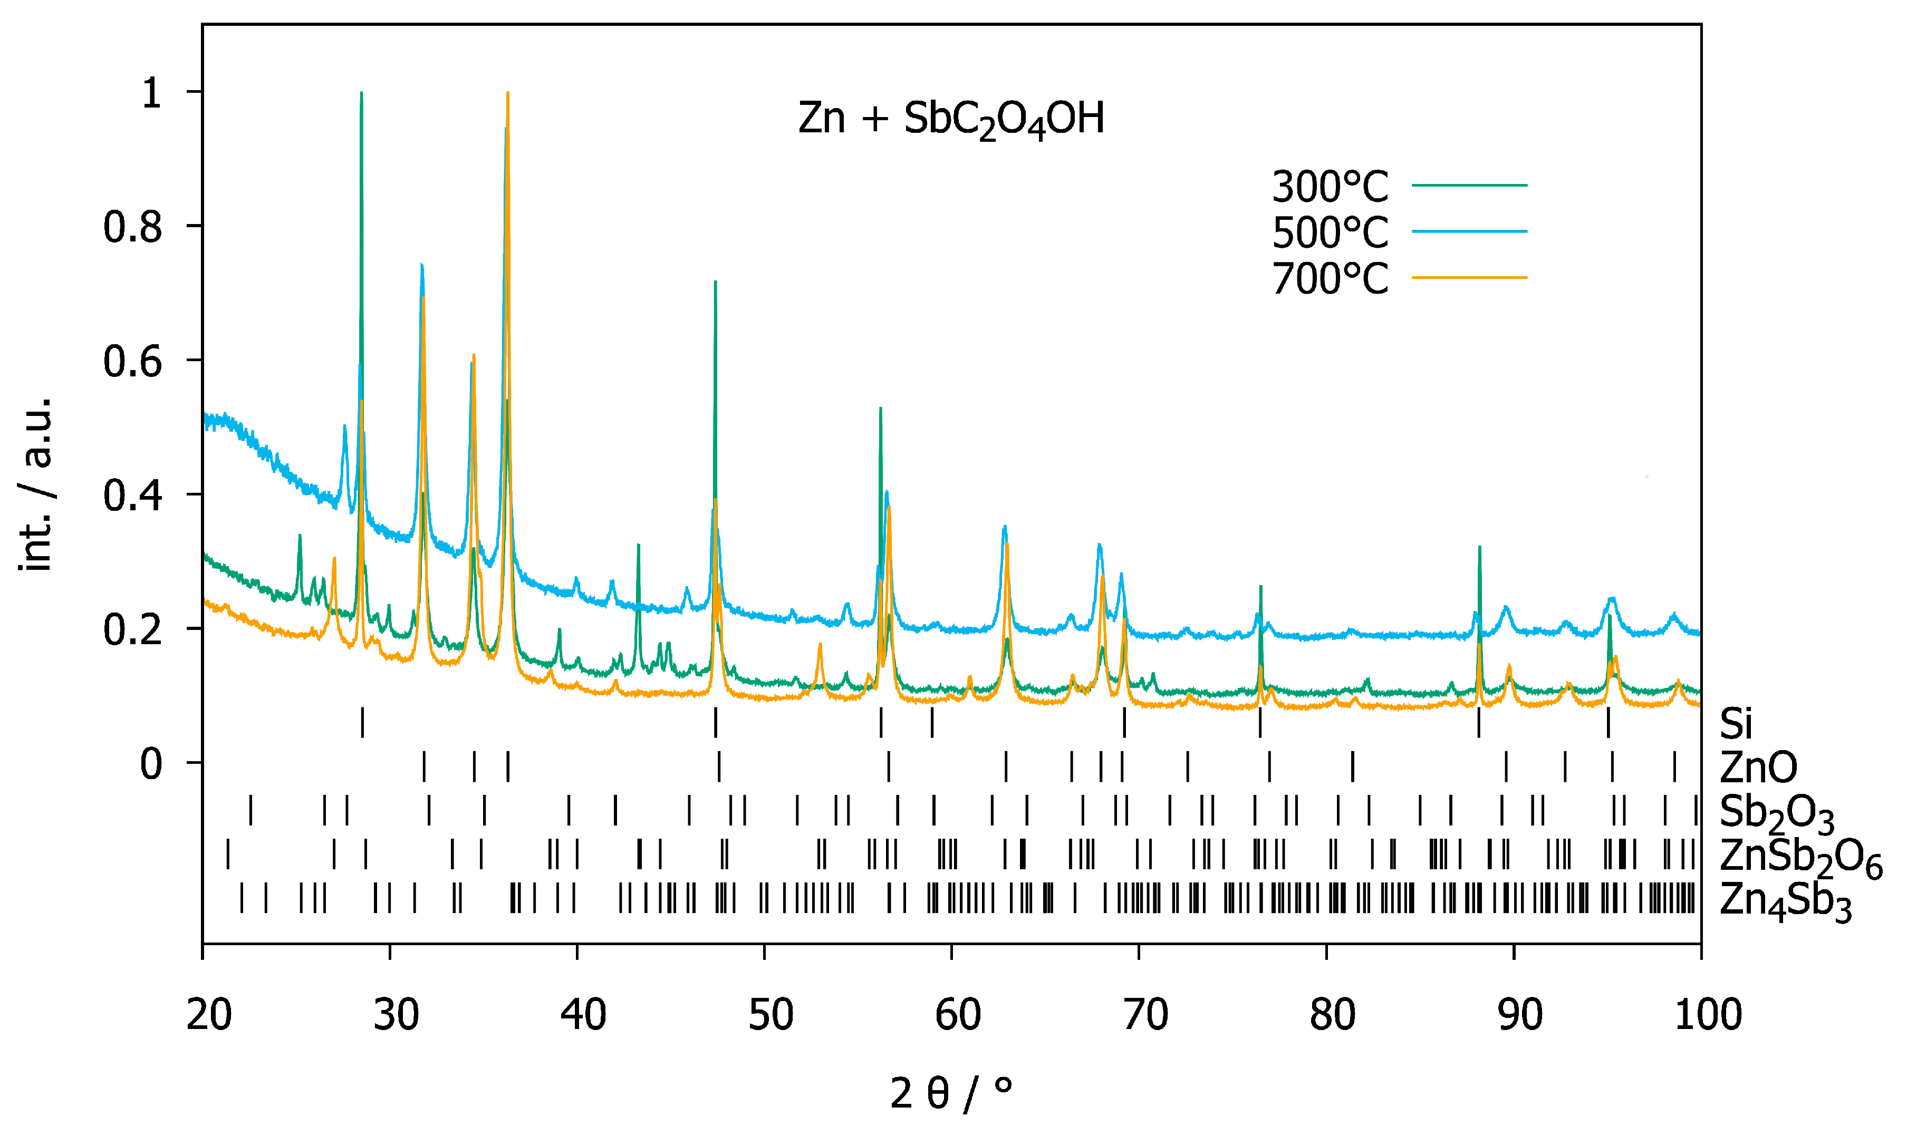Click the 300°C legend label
[1330, 186]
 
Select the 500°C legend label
[1330, 232]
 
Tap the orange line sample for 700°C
[1469, 277]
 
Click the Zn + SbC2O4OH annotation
[951, 120]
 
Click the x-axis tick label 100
[1708, 1015]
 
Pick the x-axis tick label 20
[208, 1015]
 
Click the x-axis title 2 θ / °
[951, 1093]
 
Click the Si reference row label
[1736, 723]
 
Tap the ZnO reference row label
[1758, 767]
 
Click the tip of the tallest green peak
[361, 93]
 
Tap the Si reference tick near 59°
[932, 723]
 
